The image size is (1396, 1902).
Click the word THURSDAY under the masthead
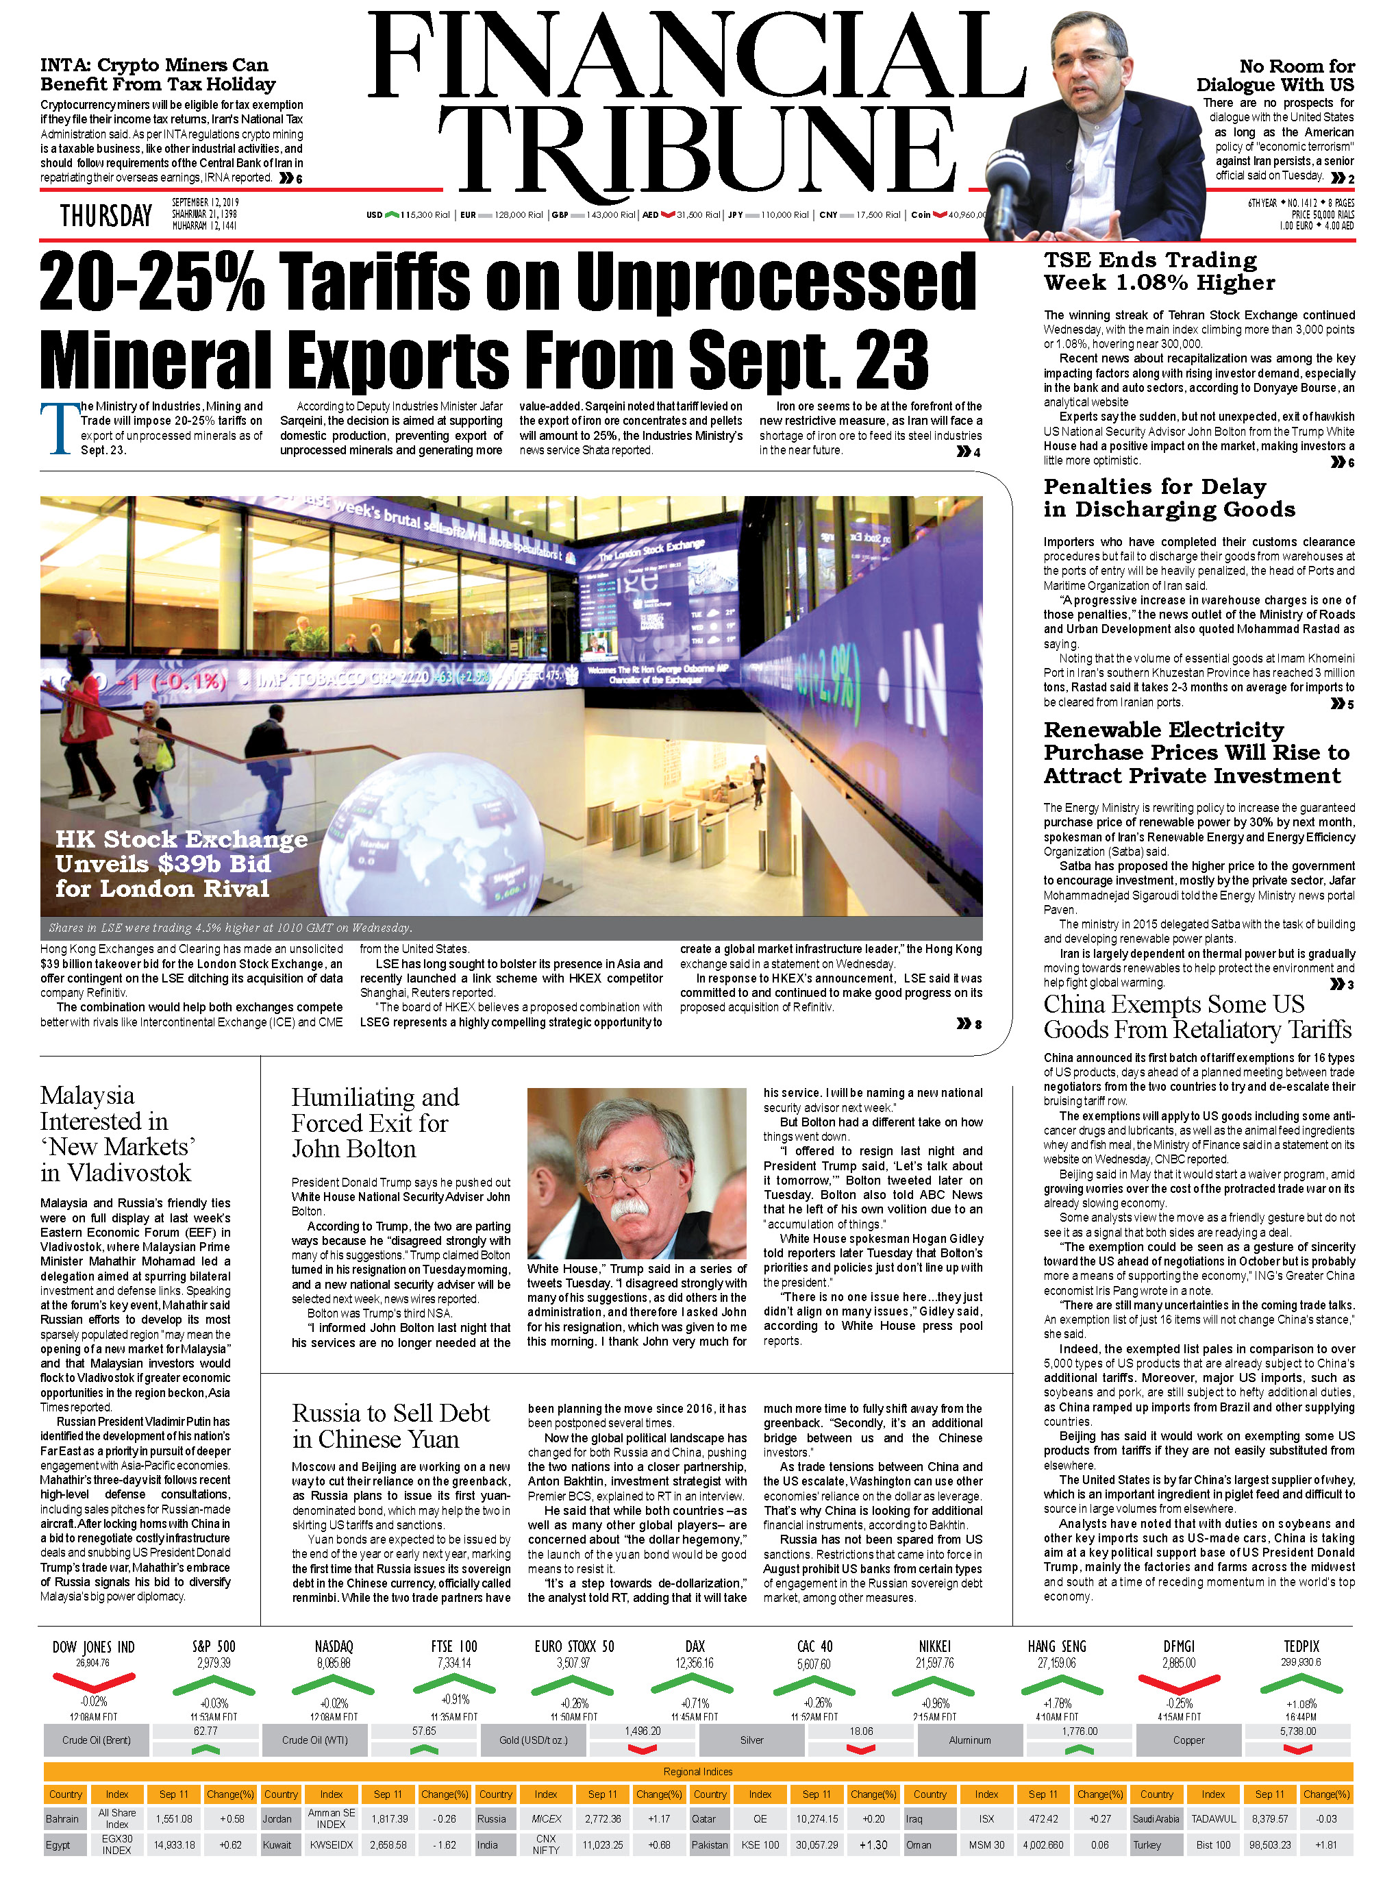tap(105, 217)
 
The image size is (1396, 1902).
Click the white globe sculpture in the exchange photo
tap(406, 832)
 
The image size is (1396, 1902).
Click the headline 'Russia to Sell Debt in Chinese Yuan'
tap(390, 1426)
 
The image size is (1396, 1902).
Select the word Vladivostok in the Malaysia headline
tap(129, 1172)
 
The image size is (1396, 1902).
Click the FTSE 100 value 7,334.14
tap(453, 1663)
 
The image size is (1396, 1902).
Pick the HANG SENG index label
tap(1056, 1646)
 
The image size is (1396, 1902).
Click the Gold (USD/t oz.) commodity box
tap(533, 1740)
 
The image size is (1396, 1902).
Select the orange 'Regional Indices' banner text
tap(697, 1772)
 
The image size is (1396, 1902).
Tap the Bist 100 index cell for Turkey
tap(1212, 1845)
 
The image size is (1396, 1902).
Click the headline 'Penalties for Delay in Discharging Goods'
tap(1169, 498)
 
